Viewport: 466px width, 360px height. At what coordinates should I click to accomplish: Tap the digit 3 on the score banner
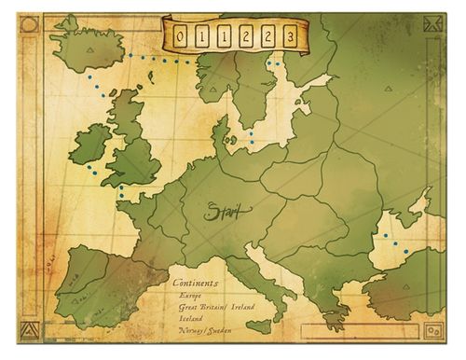coord(292,36)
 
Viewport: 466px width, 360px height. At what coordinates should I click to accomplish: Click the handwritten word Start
coord(224,212)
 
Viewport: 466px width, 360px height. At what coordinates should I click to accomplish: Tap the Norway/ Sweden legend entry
coord(207,330)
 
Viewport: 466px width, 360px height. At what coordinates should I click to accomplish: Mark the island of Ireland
coord(91,145)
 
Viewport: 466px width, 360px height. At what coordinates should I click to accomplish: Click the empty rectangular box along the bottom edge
coord(368,329)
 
